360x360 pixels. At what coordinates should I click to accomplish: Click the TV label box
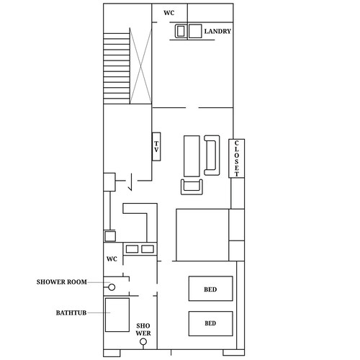pyautogui.click(x=156, y=147)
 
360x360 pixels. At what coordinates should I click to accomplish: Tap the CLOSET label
pyautogui.click(x=237, y=158)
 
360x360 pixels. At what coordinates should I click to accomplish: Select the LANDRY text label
pyautogui.click(x=217, y=31)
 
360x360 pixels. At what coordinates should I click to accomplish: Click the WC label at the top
pyautogui.click(x=169, y=13)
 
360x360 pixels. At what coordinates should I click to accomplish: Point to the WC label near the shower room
pyautogui.click(x=112, y=259)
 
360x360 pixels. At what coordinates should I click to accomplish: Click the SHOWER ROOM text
pyautogui.click(x=62, y=282)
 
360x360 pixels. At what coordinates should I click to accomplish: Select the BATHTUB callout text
pyautogui.click(x=71, y=312)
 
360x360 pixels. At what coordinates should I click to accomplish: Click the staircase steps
pyautogui.click(x=117, y=68)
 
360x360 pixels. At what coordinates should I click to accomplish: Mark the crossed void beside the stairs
pyautogui.click(x=141, y=66)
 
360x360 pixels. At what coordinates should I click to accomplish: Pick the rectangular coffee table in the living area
pyautogui.click(x=192, y=156)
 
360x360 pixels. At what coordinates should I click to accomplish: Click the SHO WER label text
pyautogui.click(x=143, y=329)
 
